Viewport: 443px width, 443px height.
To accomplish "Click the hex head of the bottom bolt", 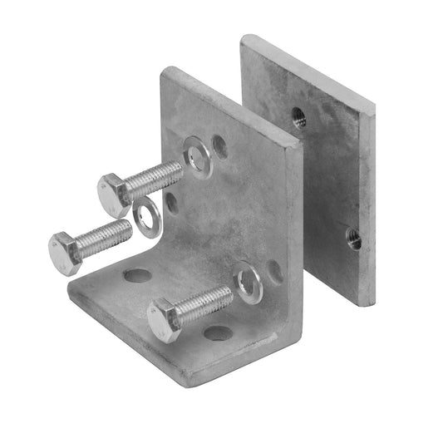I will (x=165, y=320).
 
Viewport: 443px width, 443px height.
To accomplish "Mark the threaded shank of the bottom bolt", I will (x=204, y=303).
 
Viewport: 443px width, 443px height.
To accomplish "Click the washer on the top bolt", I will (x=199, y=157).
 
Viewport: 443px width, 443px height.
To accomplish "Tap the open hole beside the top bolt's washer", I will (x=220, y=147).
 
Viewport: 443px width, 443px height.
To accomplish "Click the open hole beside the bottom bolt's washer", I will (x=273, y=271).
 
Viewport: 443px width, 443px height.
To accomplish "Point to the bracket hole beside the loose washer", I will (x=170, y=202).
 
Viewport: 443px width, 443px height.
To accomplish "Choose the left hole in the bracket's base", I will (x=138, y=274).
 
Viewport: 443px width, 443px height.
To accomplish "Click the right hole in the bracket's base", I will (x=219, y=333).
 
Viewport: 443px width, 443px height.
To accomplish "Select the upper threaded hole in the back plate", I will (x=298, y=116).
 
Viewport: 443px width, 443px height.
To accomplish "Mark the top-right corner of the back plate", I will (x=373, y=105).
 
